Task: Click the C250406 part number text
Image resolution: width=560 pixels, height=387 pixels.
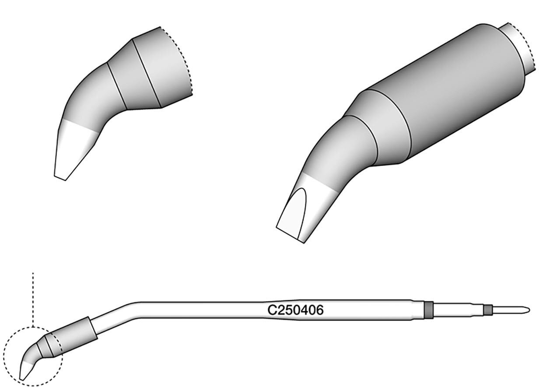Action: coord(295,310)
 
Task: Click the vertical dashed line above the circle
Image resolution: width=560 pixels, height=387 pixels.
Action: coord(33,299)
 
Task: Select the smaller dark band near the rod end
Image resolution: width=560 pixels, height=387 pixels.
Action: coord(487,310)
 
